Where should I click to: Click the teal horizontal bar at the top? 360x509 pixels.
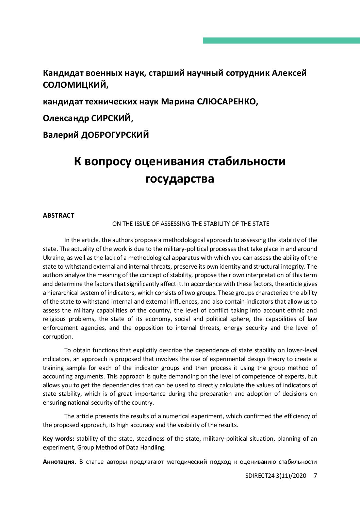pos(281,40)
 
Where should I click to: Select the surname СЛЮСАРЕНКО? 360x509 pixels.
pos(227,101)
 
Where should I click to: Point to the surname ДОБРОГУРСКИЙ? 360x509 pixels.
pos(115,135)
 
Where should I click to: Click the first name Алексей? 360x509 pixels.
pos(289,73)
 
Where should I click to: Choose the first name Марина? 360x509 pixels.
pos(178,101)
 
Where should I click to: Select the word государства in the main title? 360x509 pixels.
pos(180,179)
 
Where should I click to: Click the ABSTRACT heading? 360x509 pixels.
pos(59,215)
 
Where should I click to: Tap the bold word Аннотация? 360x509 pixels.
pos(59,462)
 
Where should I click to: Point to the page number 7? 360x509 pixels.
pos(315,476)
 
